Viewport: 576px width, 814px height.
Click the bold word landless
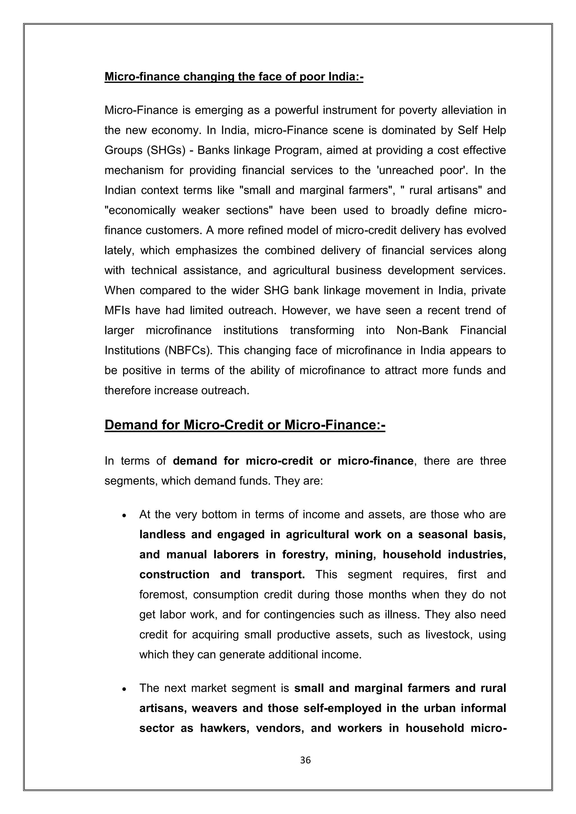pyautogui.click(x=162, y=534)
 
